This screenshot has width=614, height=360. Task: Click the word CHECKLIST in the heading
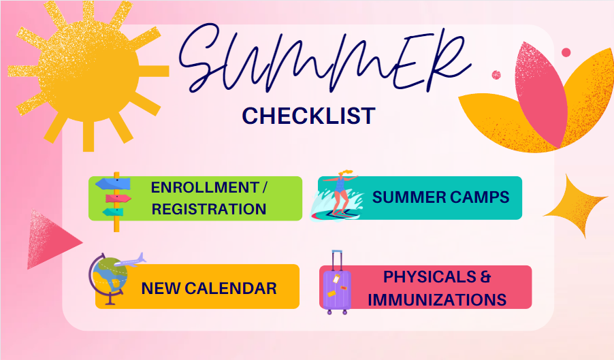[308, 116]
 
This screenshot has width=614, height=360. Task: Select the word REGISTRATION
[208, 209]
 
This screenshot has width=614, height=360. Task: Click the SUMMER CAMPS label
[440, 197]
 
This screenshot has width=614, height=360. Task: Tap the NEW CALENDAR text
[209, 288]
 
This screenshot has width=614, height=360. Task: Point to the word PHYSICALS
[429, 277]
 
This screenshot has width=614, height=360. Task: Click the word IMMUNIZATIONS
[445, 299]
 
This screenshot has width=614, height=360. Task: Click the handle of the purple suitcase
[336, 259]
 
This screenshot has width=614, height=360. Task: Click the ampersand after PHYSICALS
[484, 277]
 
